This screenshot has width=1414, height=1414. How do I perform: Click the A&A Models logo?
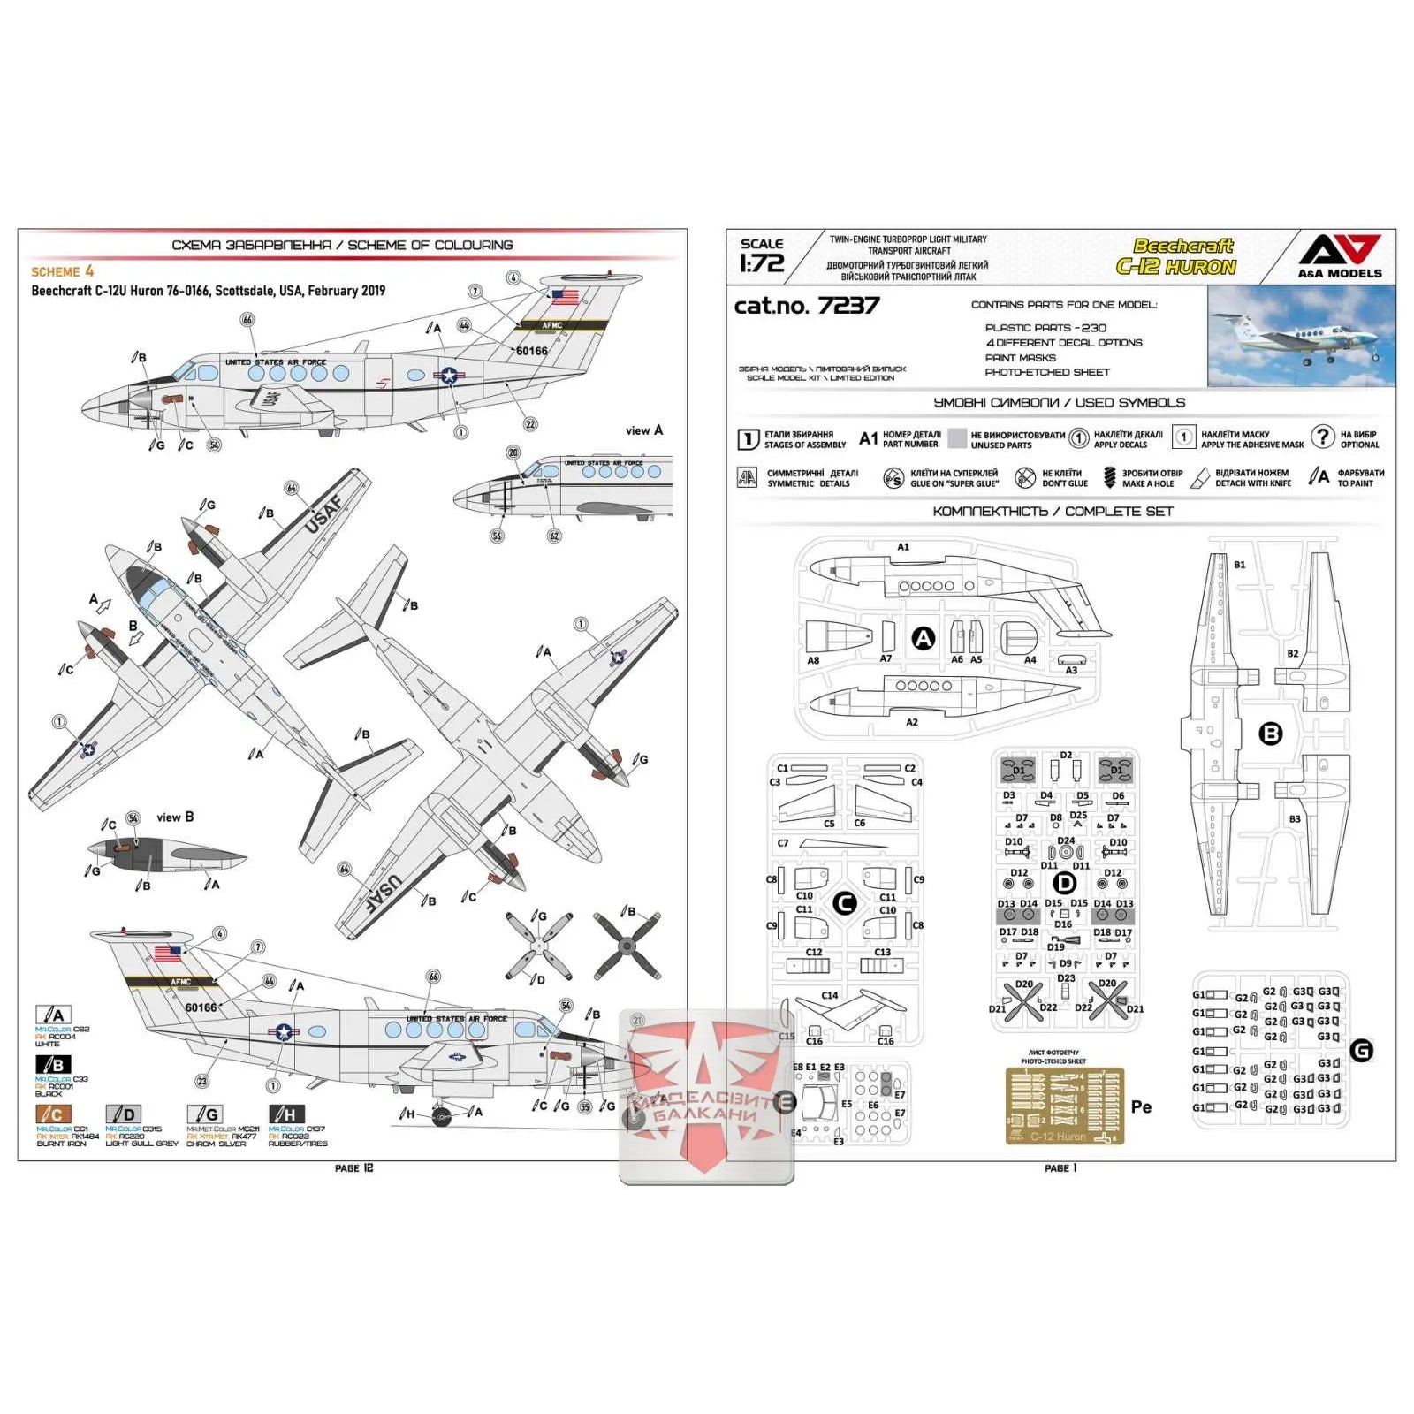(1339, 255)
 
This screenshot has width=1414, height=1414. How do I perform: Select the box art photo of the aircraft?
(1301, 336)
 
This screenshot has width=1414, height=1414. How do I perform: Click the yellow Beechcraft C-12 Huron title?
(1176, 257)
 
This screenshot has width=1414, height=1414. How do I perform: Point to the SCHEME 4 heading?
(62, 271)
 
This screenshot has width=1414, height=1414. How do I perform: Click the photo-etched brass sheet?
(1064, 1105)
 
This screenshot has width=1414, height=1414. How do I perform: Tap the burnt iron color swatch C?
(53, 1114)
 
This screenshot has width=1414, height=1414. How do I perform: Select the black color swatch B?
(53, 1064)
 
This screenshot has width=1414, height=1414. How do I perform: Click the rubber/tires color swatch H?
(286, 1114)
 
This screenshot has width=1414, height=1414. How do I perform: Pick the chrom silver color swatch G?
(205, 1114)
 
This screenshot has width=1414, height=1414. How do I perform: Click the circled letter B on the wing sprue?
(1270, 733)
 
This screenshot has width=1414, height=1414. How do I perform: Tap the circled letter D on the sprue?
(1065, 882)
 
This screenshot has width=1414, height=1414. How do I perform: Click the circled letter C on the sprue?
(845, 902)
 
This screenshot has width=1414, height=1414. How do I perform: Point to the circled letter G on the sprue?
(1362, 1051)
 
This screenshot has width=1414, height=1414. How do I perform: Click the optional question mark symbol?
(1322, 436)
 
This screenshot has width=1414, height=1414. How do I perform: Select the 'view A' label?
(643, 430)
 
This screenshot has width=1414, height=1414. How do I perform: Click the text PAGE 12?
(353, 1168)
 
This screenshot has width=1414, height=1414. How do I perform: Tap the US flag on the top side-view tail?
(565, 297)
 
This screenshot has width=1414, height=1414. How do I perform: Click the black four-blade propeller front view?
(627, 946)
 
